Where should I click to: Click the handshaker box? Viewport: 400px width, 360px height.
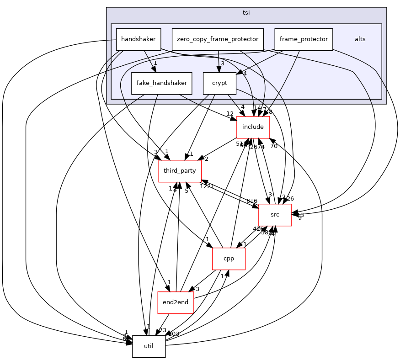point(139,39)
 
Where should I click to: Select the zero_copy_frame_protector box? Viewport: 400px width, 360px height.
point(218,39)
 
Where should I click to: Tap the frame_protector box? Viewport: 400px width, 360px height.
point(304,39)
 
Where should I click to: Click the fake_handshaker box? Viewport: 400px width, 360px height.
point(161,84)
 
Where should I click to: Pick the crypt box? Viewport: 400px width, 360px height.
point(220,84)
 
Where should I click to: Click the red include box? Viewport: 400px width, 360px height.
point(253,127)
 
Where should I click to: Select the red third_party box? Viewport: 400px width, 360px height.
point(180,171)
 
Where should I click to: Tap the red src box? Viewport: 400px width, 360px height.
point(275,215)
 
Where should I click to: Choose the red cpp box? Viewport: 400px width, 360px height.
point(229,259)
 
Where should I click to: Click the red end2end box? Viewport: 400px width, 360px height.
point(176,302)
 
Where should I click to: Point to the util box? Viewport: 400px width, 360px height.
point(149,346)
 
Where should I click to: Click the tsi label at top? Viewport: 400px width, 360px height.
point(246,12)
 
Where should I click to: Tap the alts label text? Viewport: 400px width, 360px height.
point(360,39)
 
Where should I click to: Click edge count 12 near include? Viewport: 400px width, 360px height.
point(229,114)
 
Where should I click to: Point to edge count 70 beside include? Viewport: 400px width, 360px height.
point(274,146)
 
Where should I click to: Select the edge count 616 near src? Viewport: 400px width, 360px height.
point(252,201)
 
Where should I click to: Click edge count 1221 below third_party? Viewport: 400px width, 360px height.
point(207,186)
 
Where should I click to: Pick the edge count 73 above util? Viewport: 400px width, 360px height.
point(162,330)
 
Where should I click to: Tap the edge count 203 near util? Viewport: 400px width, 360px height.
point(174,334)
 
